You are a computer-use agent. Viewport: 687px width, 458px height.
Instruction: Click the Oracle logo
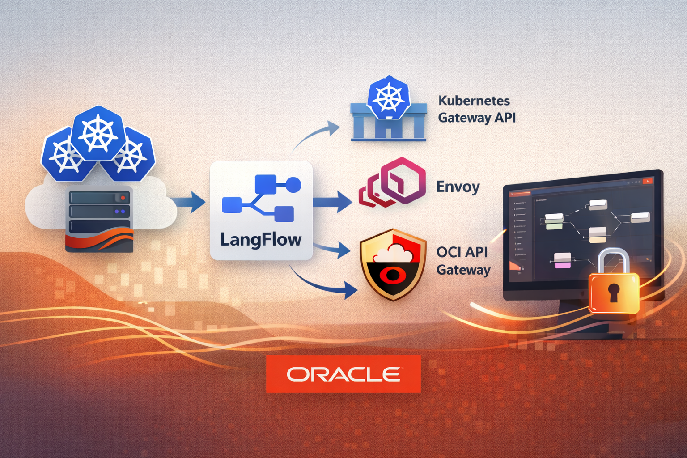click(x=343, y=374)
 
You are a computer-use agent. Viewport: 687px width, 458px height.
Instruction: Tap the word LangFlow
click(x=261, y=240)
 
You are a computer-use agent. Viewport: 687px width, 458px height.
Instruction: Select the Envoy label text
click(x=458, y=187)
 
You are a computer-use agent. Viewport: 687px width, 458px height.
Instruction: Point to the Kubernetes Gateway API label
click(x=476, y=109)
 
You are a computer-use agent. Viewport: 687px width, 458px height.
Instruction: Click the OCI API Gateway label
click(x=463, y=261)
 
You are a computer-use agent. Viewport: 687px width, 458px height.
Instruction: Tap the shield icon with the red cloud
click(x=393, y=264)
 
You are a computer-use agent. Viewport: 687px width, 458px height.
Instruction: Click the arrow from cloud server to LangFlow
click(x=188, y=202)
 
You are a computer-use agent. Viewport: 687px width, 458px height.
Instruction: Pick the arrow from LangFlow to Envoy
click(x=332, y=202)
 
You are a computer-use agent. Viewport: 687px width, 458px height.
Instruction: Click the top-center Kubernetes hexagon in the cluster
click(x=98, y=133)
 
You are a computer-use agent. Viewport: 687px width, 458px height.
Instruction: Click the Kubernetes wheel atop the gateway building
click(x=388, y=98)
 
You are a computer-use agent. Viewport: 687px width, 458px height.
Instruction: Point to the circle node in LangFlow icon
click(x=293, y=184)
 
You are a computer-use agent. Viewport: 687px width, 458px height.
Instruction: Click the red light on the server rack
click(x=123, y=197)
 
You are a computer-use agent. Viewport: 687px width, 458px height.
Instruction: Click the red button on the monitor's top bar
click(x=647, y=181)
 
